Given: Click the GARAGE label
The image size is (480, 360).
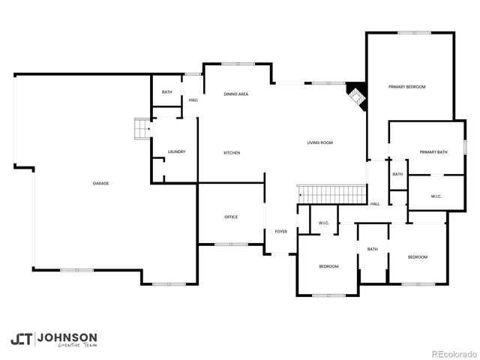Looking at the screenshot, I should click(x=100, y=183).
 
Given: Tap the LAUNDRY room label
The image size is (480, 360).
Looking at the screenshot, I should click(x=177, y=152).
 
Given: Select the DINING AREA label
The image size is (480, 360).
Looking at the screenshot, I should click(x=236, y=94).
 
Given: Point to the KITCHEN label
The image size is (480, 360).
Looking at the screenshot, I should click(x=232, y=153).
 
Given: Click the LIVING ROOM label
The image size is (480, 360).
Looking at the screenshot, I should click(x=319, y=142).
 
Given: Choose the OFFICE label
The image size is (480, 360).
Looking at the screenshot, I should click(x=231, y=217).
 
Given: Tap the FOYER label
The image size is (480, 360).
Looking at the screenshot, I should click(x=281, y=232).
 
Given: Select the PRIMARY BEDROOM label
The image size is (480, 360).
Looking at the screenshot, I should click(x=406, y=87).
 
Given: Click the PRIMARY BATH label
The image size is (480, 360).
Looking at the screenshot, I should click(x=433, y=152).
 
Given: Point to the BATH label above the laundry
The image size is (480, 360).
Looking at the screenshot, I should click(x=167, y=92).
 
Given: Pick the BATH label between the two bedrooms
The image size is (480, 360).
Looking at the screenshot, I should click(x=372, y=250).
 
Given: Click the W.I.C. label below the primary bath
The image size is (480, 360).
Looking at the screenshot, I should click(x=436, y=196).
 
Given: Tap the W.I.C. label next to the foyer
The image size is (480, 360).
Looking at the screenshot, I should click(x=324, y=223).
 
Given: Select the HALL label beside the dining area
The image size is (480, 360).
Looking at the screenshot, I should click(x=193, y=100).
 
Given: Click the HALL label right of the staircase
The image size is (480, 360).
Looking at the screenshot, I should click(x=375, y=203).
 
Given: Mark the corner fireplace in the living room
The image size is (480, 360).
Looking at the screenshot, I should click(x=355, y=95).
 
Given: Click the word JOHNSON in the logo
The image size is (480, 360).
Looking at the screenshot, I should click(x=67, y=337).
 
